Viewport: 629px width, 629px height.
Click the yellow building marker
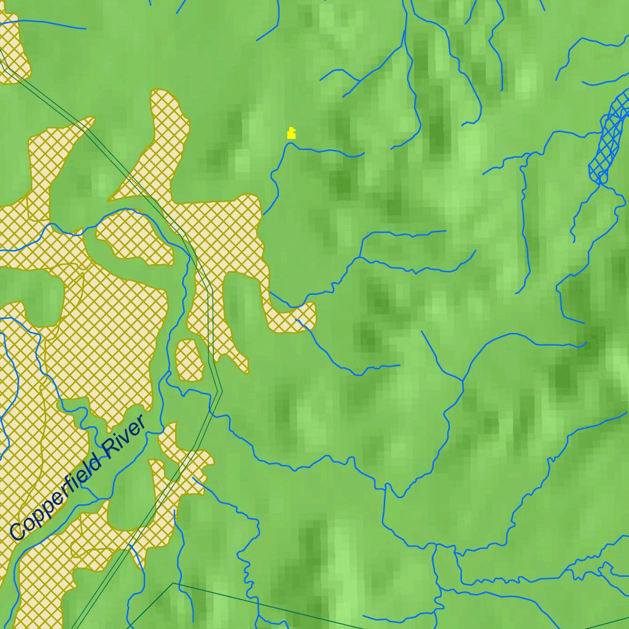(x=291, y=133)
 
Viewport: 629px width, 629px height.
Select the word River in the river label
(x=126, y=436)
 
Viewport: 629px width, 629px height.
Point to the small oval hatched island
(x=190, y=361)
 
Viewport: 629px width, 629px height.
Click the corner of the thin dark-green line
(x=173, y=584)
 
